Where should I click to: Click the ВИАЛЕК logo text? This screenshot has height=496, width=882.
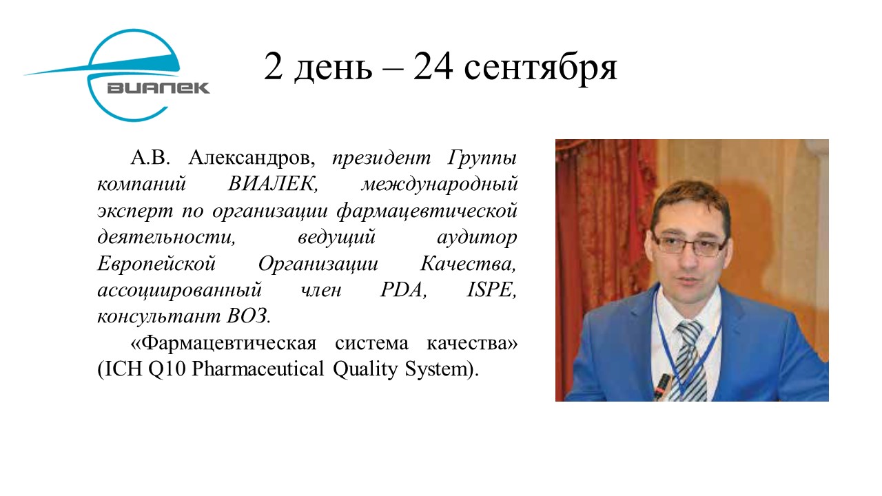coord(158,87)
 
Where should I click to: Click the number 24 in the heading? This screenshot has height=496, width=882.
coord(433,67)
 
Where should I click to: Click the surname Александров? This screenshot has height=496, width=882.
coord(252,158)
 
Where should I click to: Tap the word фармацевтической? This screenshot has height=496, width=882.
coord(427,211)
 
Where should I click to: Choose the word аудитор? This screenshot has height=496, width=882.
coord(478,238)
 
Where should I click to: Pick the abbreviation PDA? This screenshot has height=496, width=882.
coord(404,290)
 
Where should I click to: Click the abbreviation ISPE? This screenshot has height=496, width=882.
coord(492,290)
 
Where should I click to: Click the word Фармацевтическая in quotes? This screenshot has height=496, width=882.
coord(229,344)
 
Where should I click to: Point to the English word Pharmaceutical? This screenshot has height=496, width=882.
coord(258,369)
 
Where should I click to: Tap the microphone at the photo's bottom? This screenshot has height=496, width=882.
coord(662,387)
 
